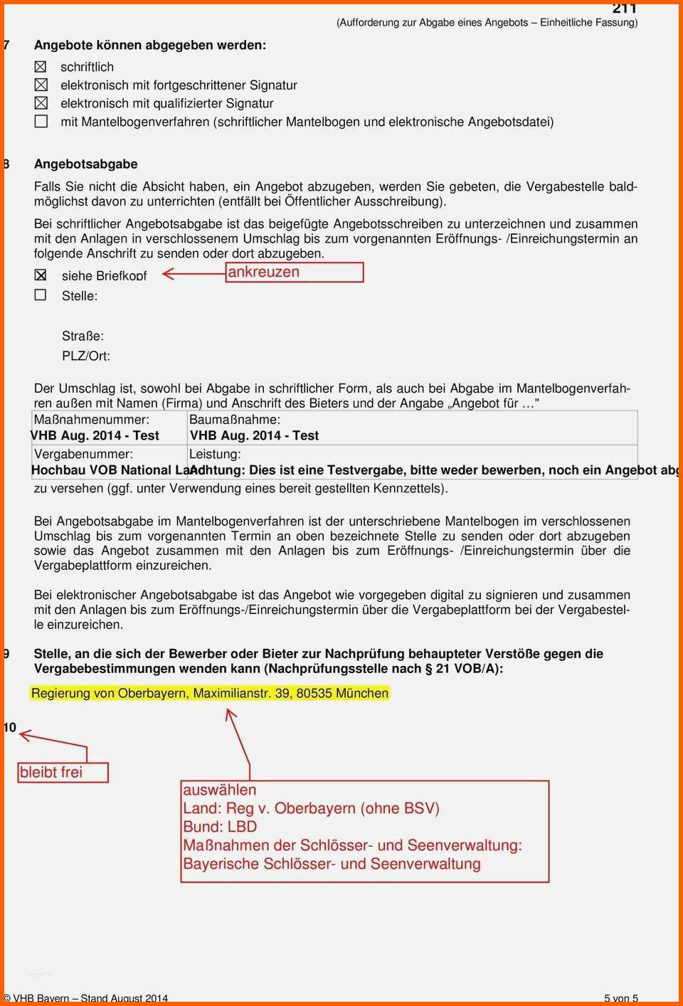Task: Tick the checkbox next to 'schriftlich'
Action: click(x=41, y=67)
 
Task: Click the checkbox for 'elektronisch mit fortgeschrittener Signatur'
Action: click(x=41, y=85)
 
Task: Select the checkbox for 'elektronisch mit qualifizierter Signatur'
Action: click(x=41, y=103)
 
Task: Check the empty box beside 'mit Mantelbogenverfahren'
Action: click(x=41, y=122)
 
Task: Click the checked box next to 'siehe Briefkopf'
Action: click(x=41, y=275)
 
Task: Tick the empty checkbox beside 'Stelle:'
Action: click(x=41, y=295)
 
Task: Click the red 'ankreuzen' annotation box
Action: click(x=295, y=272)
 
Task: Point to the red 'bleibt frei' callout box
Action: click(x=63, y=773)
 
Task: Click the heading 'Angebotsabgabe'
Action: click(x=86, y=164)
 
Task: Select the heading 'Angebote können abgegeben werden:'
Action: click(x=150, y=46)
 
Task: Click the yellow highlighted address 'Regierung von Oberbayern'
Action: click(x=210, y=693)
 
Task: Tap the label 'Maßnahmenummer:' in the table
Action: click(x=92, y=420)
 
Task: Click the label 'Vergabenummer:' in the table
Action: click(x=83, y=454)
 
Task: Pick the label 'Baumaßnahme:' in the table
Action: click(x=235, y=420)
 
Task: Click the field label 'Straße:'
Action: click(x=83, y=336)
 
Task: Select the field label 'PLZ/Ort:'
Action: click(x=86, y=356)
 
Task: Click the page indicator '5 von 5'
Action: click(x=620, y=998)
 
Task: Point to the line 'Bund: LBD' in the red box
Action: click(x=220, y=827)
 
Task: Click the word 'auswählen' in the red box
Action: click(x=220, y=790)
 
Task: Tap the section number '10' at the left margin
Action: click(x=9, y=727)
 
